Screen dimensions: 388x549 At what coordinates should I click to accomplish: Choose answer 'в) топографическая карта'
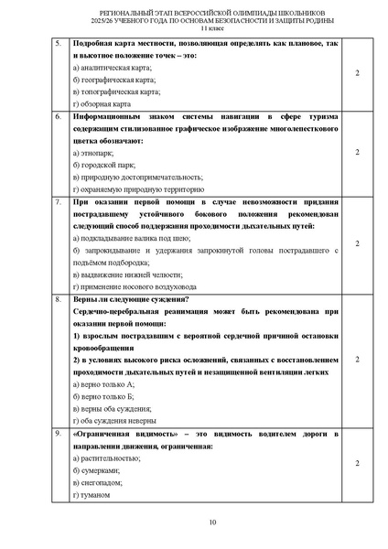pos(116,91)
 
